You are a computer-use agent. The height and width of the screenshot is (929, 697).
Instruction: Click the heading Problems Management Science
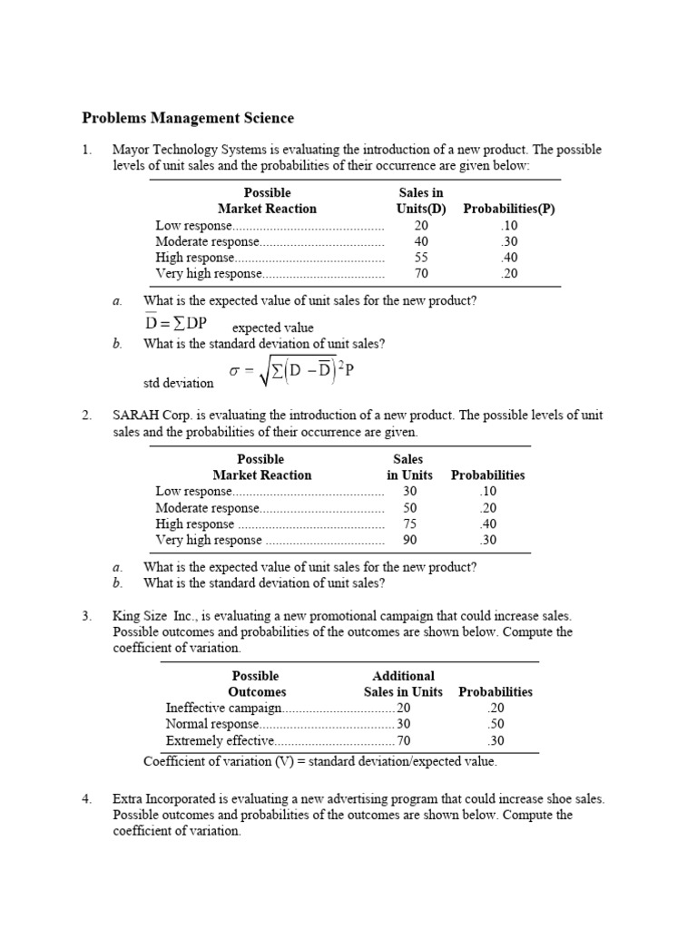click(188, 118)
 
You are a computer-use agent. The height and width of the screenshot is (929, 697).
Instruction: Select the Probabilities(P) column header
click(508, 209)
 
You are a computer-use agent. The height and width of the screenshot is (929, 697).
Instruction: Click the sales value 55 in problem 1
click(421, 258)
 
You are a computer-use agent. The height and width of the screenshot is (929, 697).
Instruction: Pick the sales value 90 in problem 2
click(410, 540)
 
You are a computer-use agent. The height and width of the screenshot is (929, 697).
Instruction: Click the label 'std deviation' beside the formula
click(179, 383)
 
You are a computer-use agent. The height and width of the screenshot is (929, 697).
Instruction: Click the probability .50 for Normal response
click(496, 724)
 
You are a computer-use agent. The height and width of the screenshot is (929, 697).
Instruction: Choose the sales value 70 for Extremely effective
click(404, 740)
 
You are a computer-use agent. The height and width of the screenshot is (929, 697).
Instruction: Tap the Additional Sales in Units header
click(403, 683)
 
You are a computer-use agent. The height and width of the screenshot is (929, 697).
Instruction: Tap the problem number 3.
click(86, 616)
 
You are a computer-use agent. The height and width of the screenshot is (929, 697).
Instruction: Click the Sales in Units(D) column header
click(421, 200)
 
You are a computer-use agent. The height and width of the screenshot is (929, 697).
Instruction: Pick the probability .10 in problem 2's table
click(488, 491)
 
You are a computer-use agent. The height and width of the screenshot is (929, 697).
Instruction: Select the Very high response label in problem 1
click(209, 274)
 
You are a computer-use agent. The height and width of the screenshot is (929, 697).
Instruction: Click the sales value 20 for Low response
click(421, 225)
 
